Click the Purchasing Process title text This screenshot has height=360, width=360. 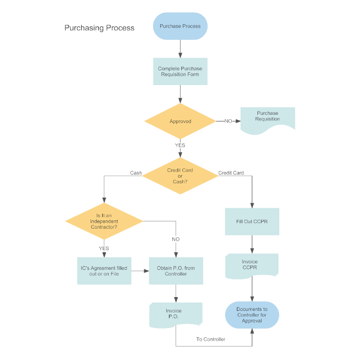tap(99, 28)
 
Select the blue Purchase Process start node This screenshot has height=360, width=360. tap(180, 26)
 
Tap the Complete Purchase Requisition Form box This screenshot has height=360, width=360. tap(180, 71)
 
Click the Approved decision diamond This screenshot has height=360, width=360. tap(180, 121)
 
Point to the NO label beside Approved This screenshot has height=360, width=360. tap(228, 121)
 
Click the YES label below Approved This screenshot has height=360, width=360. tap(180, 145)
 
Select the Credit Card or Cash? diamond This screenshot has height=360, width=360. tap(180, 176)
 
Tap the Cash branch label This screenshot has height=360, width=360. tap(136, 173)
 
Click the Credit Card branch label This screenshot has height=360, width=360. tap(231, 173)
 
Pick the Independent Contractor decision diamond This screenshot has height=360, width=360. tap(104, 221)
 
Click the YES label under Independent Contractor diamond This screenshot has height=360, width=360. tap(104, 248)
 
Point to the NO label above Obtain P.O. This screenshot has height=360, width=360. tap(176, 239)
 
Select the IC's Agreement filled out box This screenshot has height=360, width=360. tap(104, 271)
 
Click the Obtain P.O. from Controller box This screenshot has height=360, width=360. tap(176, 271)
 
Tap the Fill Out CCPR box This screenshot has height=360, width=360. tap(252, 221)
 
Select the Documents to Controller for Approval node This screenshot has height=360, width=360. tap(252, 315)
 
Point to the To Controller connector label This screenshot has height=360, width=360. tap(210, 339)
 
